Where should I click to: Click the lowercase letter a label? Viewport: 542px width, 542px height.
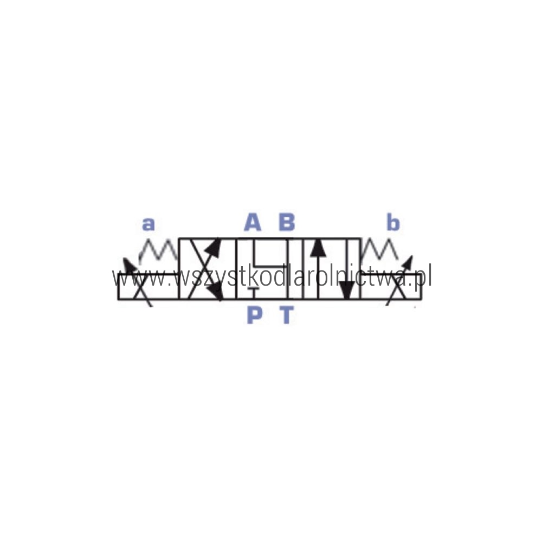pyautogui.click(x=149, y=224)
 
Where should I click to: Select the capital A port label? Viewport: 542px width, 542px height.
pyautogui.click(x=253, y=222)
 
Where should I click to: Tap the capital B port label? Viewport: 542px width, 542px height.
pyautogui.click(x=287, y=222)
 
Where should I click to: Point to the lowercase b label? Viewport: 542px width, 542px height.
pyautogui.click(x=393, y=222)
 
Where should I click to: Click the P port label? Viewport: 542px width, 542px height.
pyautogui.click(x=254, y=315)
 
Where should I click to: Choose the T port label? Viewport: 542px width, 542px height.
pyautogui.click(x=287, y=315)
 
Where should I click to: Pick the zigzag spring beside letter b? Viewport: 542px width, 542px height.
pyautogui.click(x=379, y=249)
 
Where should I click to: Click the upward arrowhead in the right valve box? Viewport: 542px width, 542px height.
pyautogui.click(x=318, y=248)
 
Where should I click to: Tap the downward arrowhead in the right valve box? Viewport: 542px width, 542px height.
pyautogui.click(x=346, y=289)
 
